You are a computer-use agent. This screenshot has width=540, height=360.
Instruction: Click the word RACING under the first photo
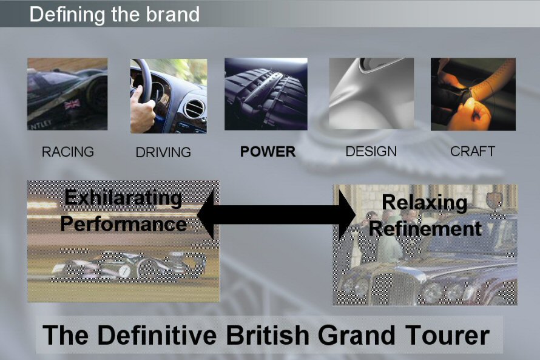point(68,152)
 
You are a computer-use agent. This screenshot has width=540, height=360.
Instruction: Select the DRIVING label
point(163,152)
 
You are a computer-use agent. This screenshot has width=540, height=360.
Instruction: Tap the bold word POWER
point(268,152)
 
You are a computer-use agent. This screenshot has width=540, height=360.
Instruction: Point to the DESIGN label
point(371,151)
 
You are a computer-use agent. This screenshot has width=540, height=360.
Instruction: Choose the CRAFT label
point(473,151)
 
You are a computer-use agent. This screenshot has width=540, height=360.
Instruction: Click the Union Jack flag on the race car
point(73,104)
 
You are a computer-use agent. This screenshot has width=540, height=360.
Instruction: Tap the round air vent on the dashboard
point(194,109)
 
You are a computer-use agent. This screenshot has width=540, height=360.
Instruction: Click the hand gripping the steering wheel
point(142,110)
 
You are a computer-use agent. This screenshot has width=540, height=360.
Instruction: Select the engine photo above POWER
point(266,94)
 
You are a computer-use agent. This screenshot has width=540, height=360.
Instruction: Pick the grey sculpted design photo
point(371,93)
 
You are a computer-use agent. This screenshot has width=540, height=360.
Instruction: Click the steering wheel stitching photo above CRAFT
point(473,94)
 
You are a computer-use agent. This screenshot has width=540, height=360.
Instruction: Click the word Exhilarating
point(123,199)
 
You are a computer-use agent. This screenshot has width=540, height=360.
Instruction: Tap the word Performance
point(124,224)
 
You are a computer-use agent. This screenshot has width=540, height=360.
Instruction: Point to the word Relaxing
point(424,203)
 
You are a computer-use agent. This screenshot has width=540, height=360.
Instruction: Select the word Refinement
point(425,228)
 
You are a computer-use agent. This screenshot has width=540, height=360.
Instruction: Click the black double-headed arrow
point(276,215)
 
